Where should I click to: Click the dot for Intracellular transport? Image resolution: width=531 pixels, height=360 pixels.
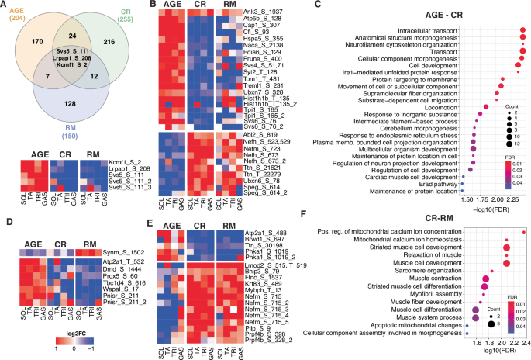521,30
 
